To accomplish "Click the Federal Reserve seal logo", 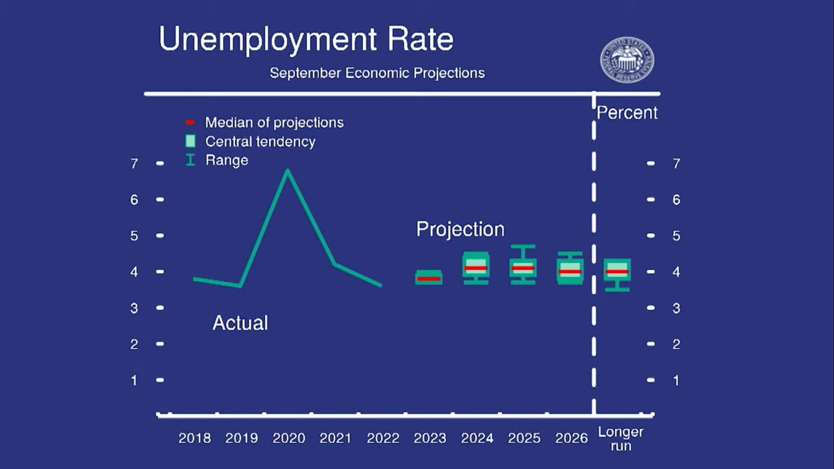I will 627,60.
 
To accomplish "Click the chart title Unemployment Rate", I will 306,39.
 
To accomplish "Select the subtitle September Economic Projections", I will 377,73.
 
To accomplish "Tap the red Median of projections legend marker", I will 190,122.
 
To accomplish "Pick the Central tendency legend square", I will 190,141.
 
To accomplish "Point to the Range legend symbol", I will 190,160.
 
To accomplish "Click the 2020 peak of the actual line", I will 287,171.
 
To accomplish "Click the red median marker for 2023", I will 429,279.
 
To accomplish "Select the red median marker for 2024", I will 476,268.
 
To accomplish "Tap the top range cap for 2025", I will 523,247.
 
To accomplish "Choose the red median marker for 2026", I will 570,272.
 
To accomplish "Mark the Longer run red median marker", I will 617,272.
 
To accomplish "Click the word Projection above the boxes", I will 460,229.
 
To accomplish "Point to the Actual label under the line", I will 240,323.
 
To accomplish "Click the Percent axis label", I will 627,112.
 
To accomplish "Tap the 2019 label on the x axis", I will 241,438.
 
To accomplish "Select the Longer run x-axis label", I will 621,439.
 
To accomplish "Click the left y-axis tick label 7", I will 134,163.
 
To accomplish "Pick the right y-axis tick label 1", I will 676,380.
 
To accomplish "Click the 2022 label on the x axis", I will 383,438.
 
